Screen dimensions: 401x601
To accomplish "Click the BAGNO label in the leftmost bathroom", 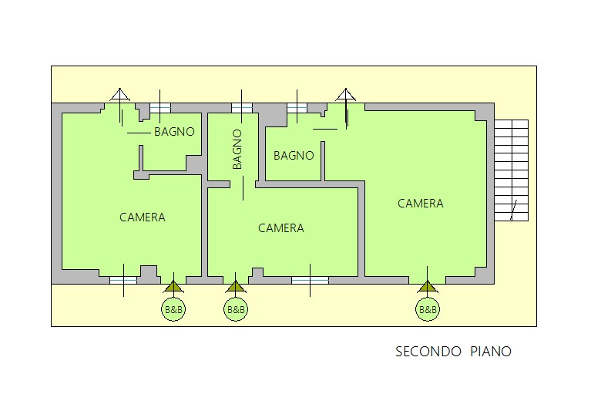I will click(x=174, y=132).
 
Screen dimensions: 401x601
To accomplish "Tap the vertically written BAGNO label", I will click(x=237, y=149).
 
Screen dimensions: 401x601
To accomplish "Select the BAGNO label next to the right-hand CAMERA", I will click(x=294, y=155).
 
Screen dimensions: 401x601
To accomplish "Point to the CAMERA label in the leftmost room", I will click(x=142, y=217).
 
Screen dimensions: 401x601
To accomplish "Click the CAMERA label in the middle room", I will click(x=280, y=228).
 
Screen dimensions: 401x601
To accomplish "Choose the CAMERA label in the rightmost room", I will click(x=420, y=204).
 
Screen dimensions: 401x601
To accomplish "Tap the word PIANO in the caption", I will click(x=489, y=352).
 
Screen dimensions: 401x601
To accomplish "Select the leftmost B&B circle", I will click(x=173, y=310).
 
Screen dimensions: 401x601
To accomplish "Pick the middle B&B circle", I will click(x=236, y=310).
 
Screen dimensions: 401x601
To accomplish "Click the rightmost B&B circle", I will click(x=427, y=310).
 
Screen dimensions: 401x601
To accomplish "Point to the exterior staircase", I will click(x=511, y=170).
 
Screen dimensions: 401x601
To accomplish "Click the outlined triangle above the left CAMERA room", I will click(x=119, y=96).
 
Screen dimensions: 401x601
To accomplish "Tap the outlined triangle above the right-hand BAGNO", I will click(x=346, y=96).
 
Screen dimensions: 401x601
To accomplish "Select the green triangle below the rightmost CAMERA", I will click(x=427, y=288).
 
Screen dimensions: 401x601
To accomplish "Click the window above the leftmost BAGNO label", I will click(x=160, y=108).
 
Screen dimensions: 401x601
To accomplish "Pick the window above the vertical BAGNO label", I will click(x=242, y=108).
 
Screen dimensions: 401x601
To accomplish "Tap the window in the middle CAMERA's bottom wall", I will click(x=311, y=280).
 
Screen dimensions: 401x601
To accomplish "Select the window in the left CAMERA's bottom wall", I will click(x=123, y=280).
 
